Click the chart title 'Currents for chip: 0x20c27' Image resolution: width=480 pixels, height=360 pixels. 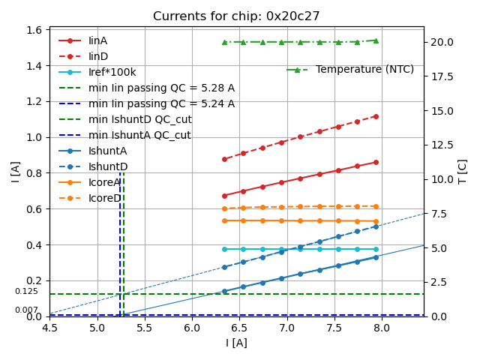pyautogui.click(x=236, y=16)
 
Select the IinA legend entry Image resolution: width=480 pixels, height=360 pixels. pyautogui.click(x=98, y=40)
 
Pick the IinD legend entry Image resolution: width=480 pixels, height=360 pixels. pyautogui.click(x=98, y=56)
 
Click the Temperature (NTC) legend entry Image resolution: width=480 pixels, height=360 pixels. pyautogui.click(x=364, y=70)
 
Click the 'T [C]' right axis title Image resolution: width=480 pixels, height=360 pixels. pyautogui.click(x=462, y=171)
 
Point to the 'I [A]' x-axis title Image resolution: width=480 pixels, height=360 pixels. pyautogui.click(x=236, y=343)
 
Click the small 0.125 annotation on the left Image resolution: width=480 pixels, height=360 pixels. pyautogui.click(x=26, y=291)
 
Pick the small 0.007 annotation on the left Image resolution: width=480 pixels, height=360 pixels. pyautogui.click(x=26, y=310)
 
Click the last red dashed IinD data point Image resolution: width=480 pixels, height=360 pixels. pyautogui.click(x=376, y=116)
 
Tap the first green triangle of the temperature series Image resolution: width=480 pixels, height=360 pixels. pyautogui.click(x=224, y=42)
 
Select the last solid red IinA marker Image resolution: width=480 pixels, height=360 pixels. pyautogui.click(x=376, y=162)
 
